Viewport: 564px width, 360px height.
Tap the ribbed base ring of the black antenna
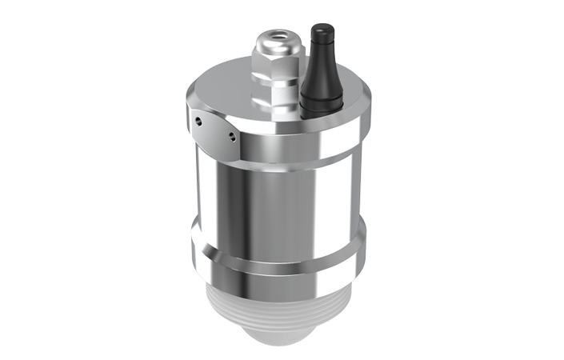point(318,98)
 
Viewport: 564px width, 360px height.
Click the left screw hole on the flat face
point(197,122)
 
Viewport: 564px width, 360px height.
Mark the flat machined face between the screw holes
point(214,130)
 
